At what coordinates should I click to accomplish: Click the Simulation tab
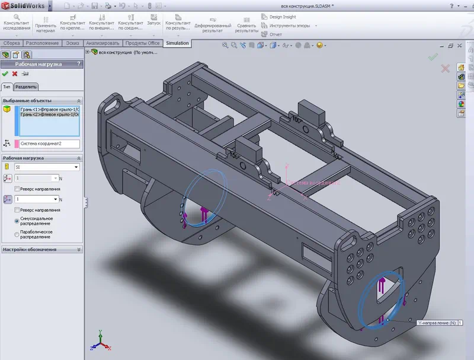[177, 43]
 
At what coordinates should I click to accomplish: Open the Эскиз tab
[72, 43]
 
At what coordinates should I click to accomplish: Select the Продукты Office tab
[142, 43]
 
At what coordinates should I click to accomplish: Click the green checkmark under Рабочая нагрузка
[5, 74]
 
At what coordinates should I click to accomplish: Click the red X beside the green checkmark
[15, 74]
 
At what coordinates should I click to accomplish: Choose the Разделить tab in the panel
[26, 87]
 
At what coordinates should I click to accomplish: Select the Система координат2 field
[47, 143]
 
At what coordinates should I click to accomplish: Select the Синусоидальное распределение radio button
[17, 221]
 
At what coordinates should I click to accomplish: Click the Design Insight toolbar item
[282, 17]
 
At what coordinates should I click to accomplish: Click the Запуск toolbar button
[153, 23]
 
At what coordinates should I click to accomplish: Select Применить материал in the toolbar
[46, 23]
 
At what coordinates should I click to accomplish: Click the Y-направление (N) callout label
[438, 323]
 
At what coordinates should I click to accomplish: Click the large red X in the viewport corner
[446, 69]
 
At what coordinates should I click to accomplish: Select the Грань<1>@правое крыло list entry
[50, 110]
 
